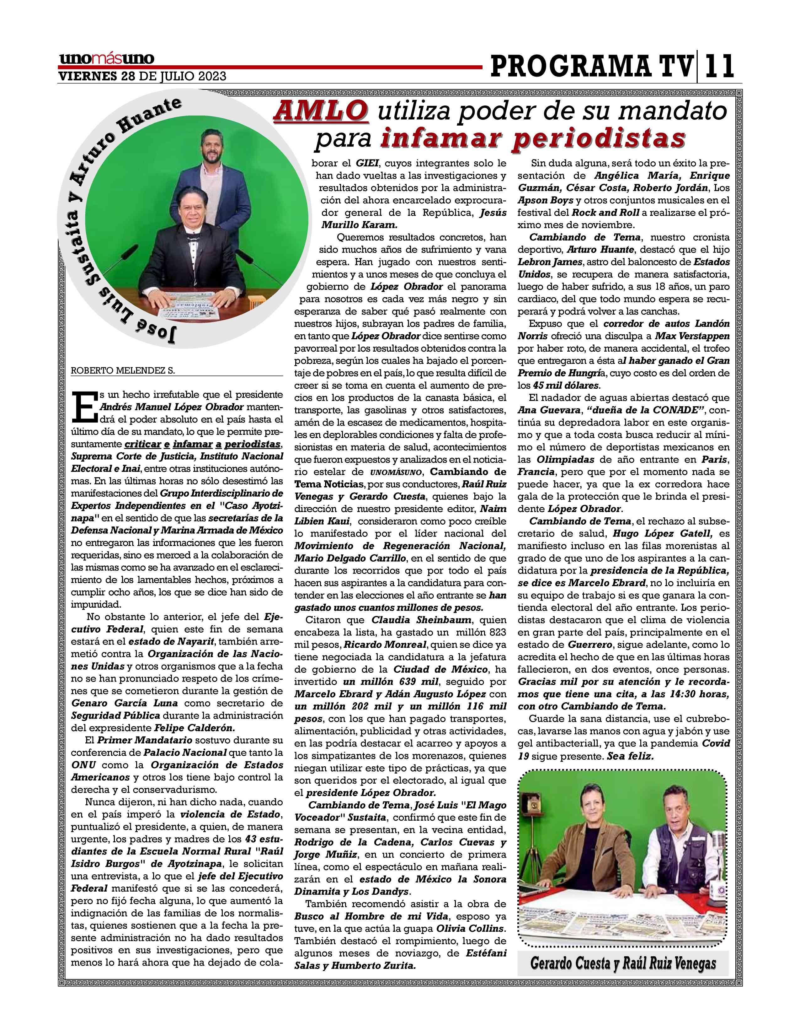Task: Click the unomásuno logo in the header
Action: click(107, 59)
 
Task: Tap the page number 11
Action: click(719, 66)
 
